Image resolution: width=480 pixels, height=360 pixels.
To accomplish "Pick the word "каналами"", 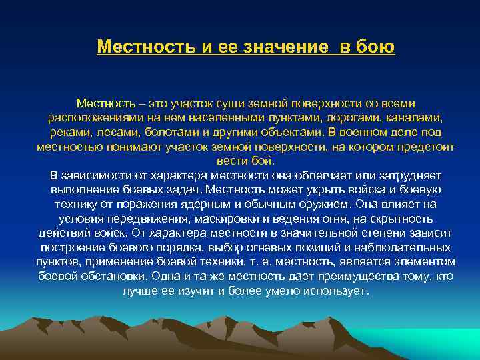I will point(412,118).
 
